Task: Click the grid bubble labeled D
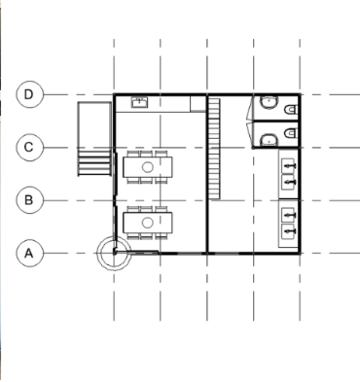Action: (x=29, y=94)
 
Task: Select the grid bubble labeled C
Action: (x=29, y=148)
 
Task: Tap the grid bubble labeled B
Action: (x=29, y=200)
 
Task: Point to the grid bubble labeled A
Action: (x=29, y=253)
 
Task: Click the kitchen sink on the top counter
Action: (x=140, y=102)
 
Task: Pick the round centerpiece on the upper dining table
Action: (x=148, y=167)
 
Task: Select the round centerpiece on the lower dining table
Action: (x=148, y=223)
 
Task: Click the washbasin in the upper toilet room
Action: (x=269, y=102)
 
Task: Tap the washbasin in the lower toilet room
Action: (x=269, y=140)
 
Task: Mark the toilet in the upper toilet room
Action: (x=291, y=110)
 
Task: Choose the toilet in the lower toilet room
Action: (x=291, y=133)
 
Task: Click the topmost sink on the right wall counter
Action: (x=288, y=165)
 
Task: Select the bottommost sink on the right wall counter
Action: (x=288, y=231)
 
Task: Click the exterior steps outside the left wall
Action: (x=94, y=162)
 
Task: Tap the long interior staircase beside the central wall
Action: (x=214, y=149)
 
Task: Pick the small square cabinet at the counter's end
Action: (x=198, y=104)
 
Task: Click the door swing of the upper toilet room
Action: (x=250, y=109)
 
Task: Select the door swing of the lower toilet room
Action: (x=250, y=133)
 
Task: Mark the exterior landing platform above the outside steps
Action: (x=94, y=124)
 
